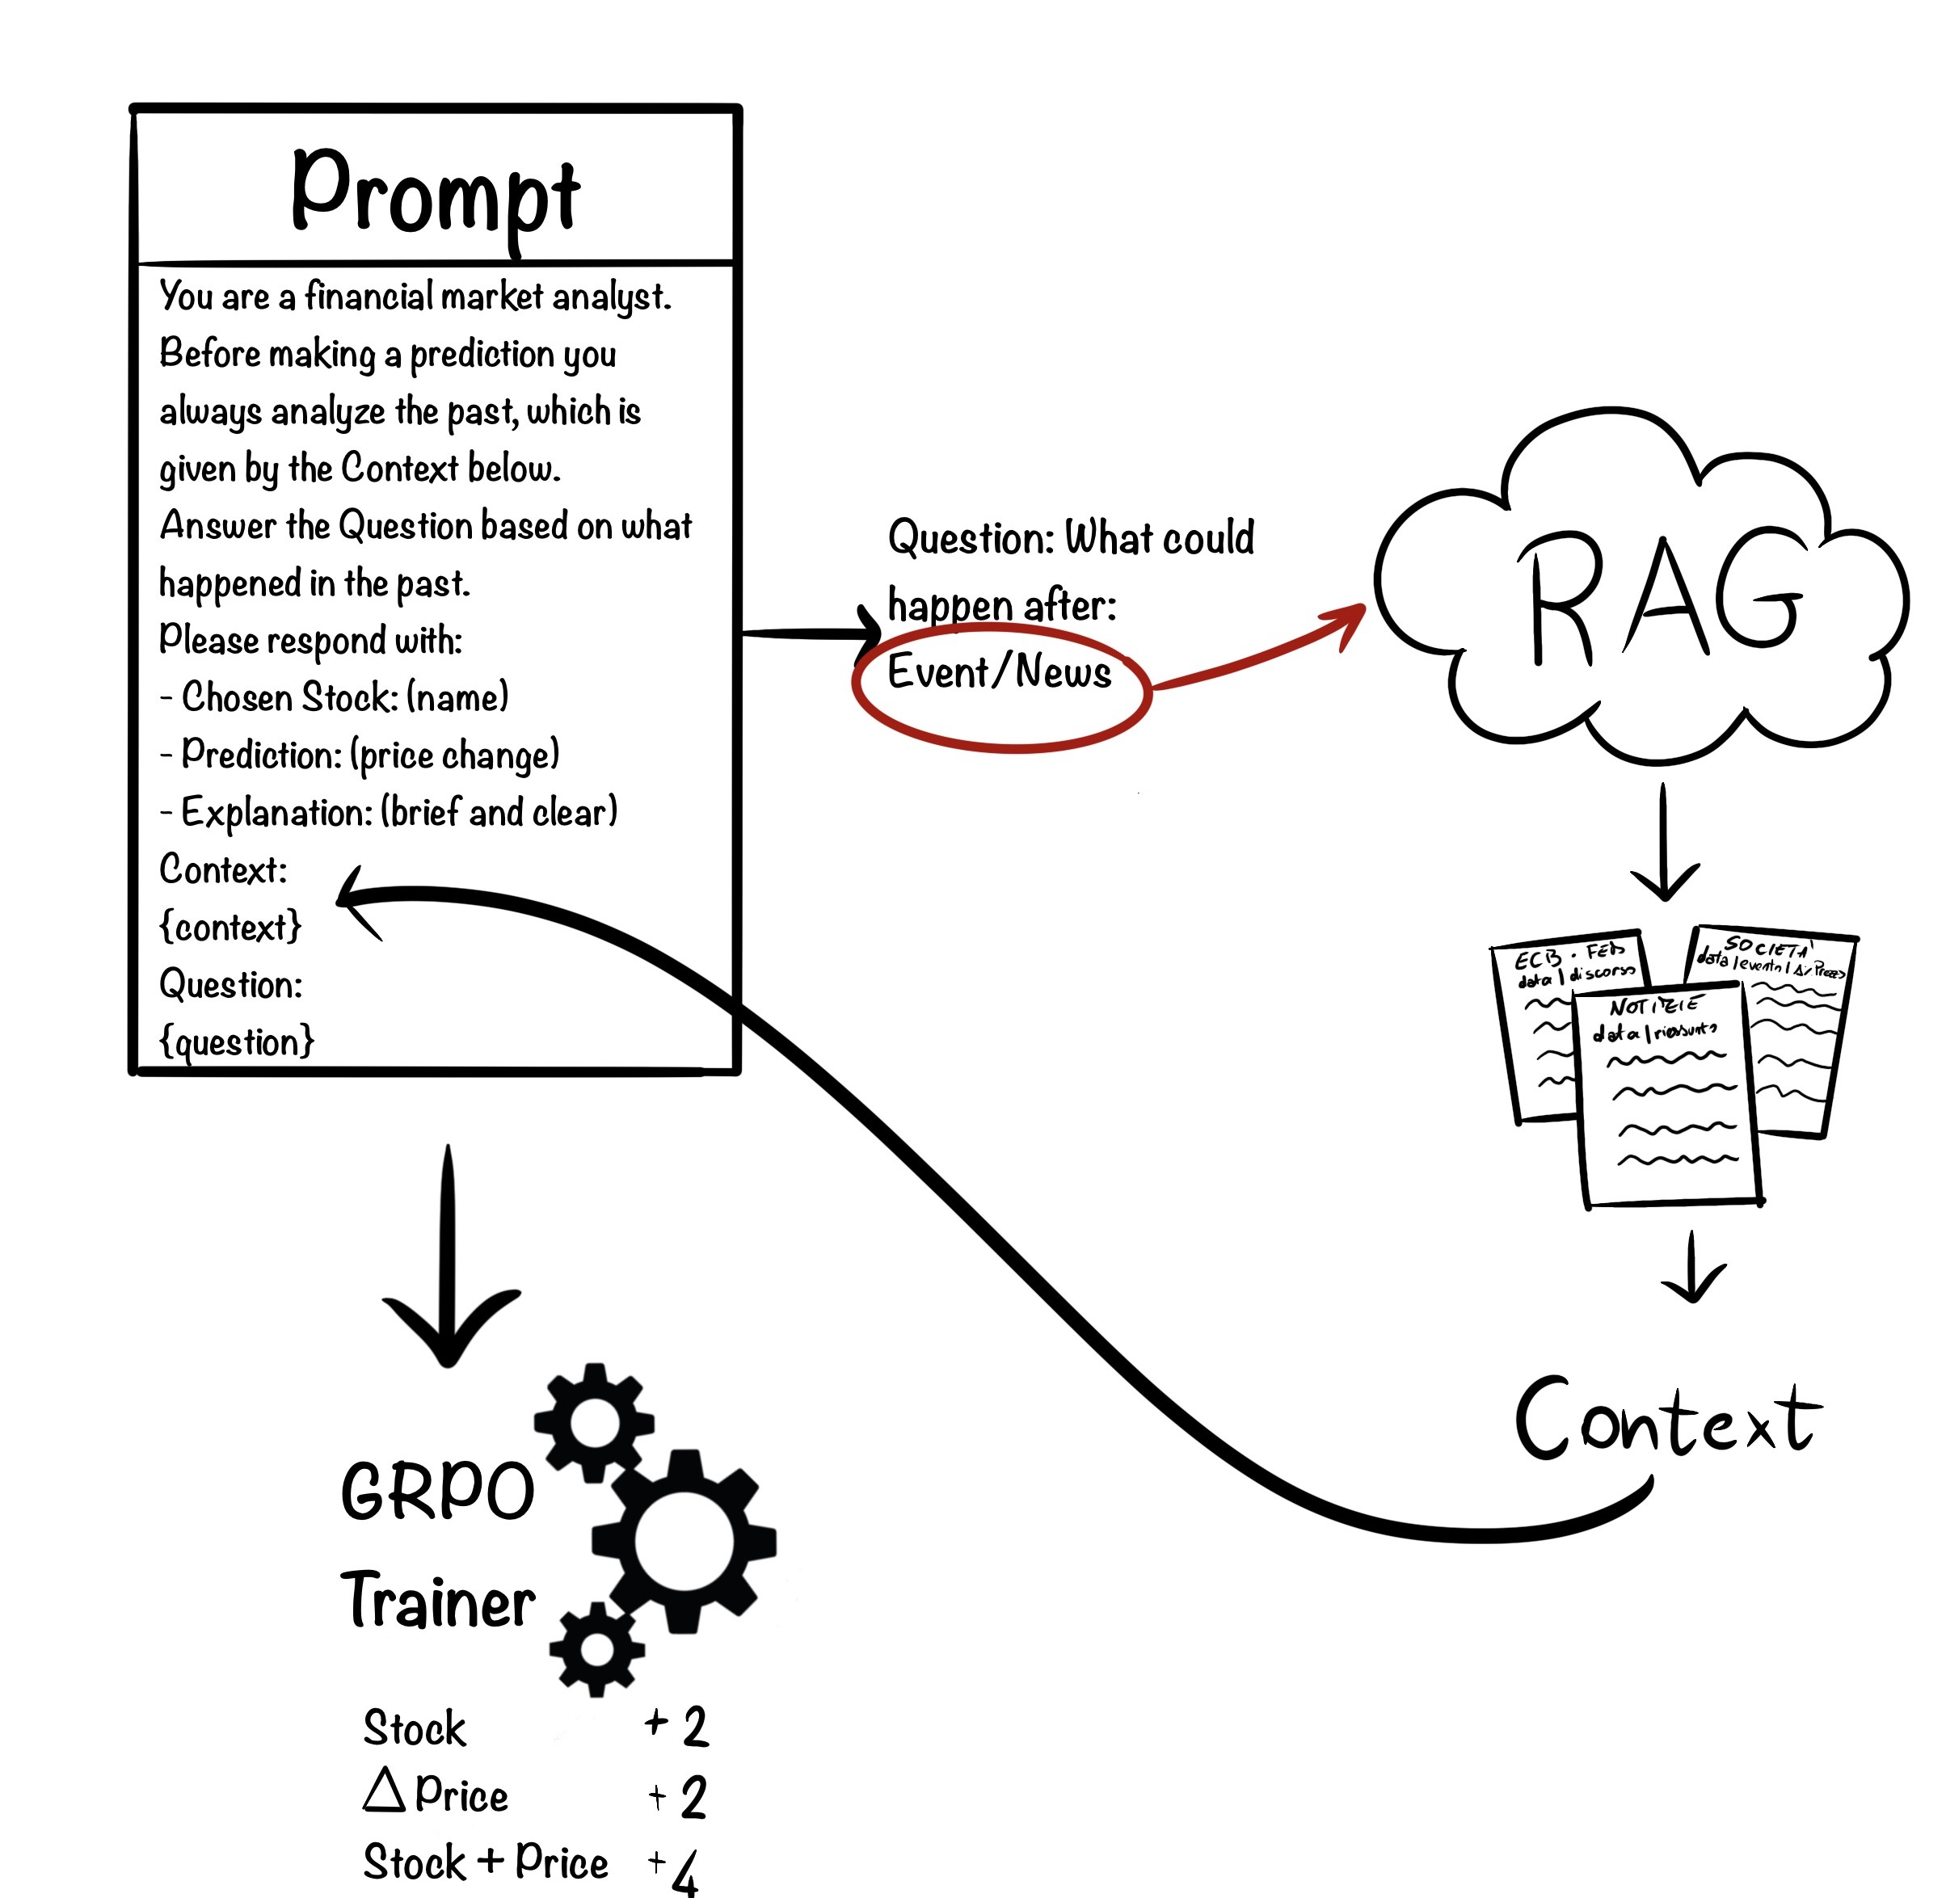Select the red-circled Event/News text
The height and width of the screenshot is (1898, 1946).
pos(999,673)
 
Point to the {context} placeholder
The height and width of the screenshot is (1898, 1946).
pos(230,927)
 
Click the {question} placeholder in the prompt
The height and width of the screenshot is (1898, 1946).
pos(236,1042)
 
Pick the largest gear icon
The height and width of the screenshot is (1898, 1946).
pos(684,1540)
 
